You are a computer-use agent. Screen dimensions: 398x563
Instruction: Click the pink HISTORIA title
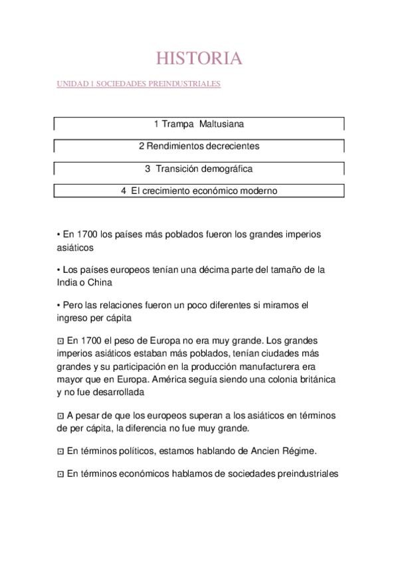coord(199,58)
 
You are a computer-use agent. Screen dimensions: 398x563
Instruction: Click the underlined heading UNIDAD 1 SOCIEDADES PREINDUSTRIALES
coord(138,84)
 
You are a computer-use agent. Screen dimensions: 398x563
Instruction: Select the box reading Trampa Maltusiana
coord(199,123)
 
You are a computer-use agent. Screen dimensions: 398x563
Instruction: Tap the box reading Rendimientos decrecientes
coord(199,146)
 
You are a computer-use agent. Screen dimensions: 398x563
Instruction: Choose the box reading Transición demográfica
coord(199,169)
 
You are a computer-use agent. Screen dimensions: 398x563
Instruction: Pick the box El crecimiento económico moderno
coord(199,191)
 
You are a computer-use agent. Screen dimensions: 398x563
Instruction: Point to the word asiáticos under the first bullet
coord(76,247)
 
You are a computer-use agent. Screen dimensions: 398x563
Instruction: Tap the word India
coord(68,282)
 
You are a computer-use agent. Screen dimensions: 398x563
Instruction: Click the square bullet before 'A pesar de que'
coord(60,416)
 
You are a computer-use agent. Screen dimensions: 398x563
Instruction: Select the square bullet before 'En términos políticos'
coord(60,451)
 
